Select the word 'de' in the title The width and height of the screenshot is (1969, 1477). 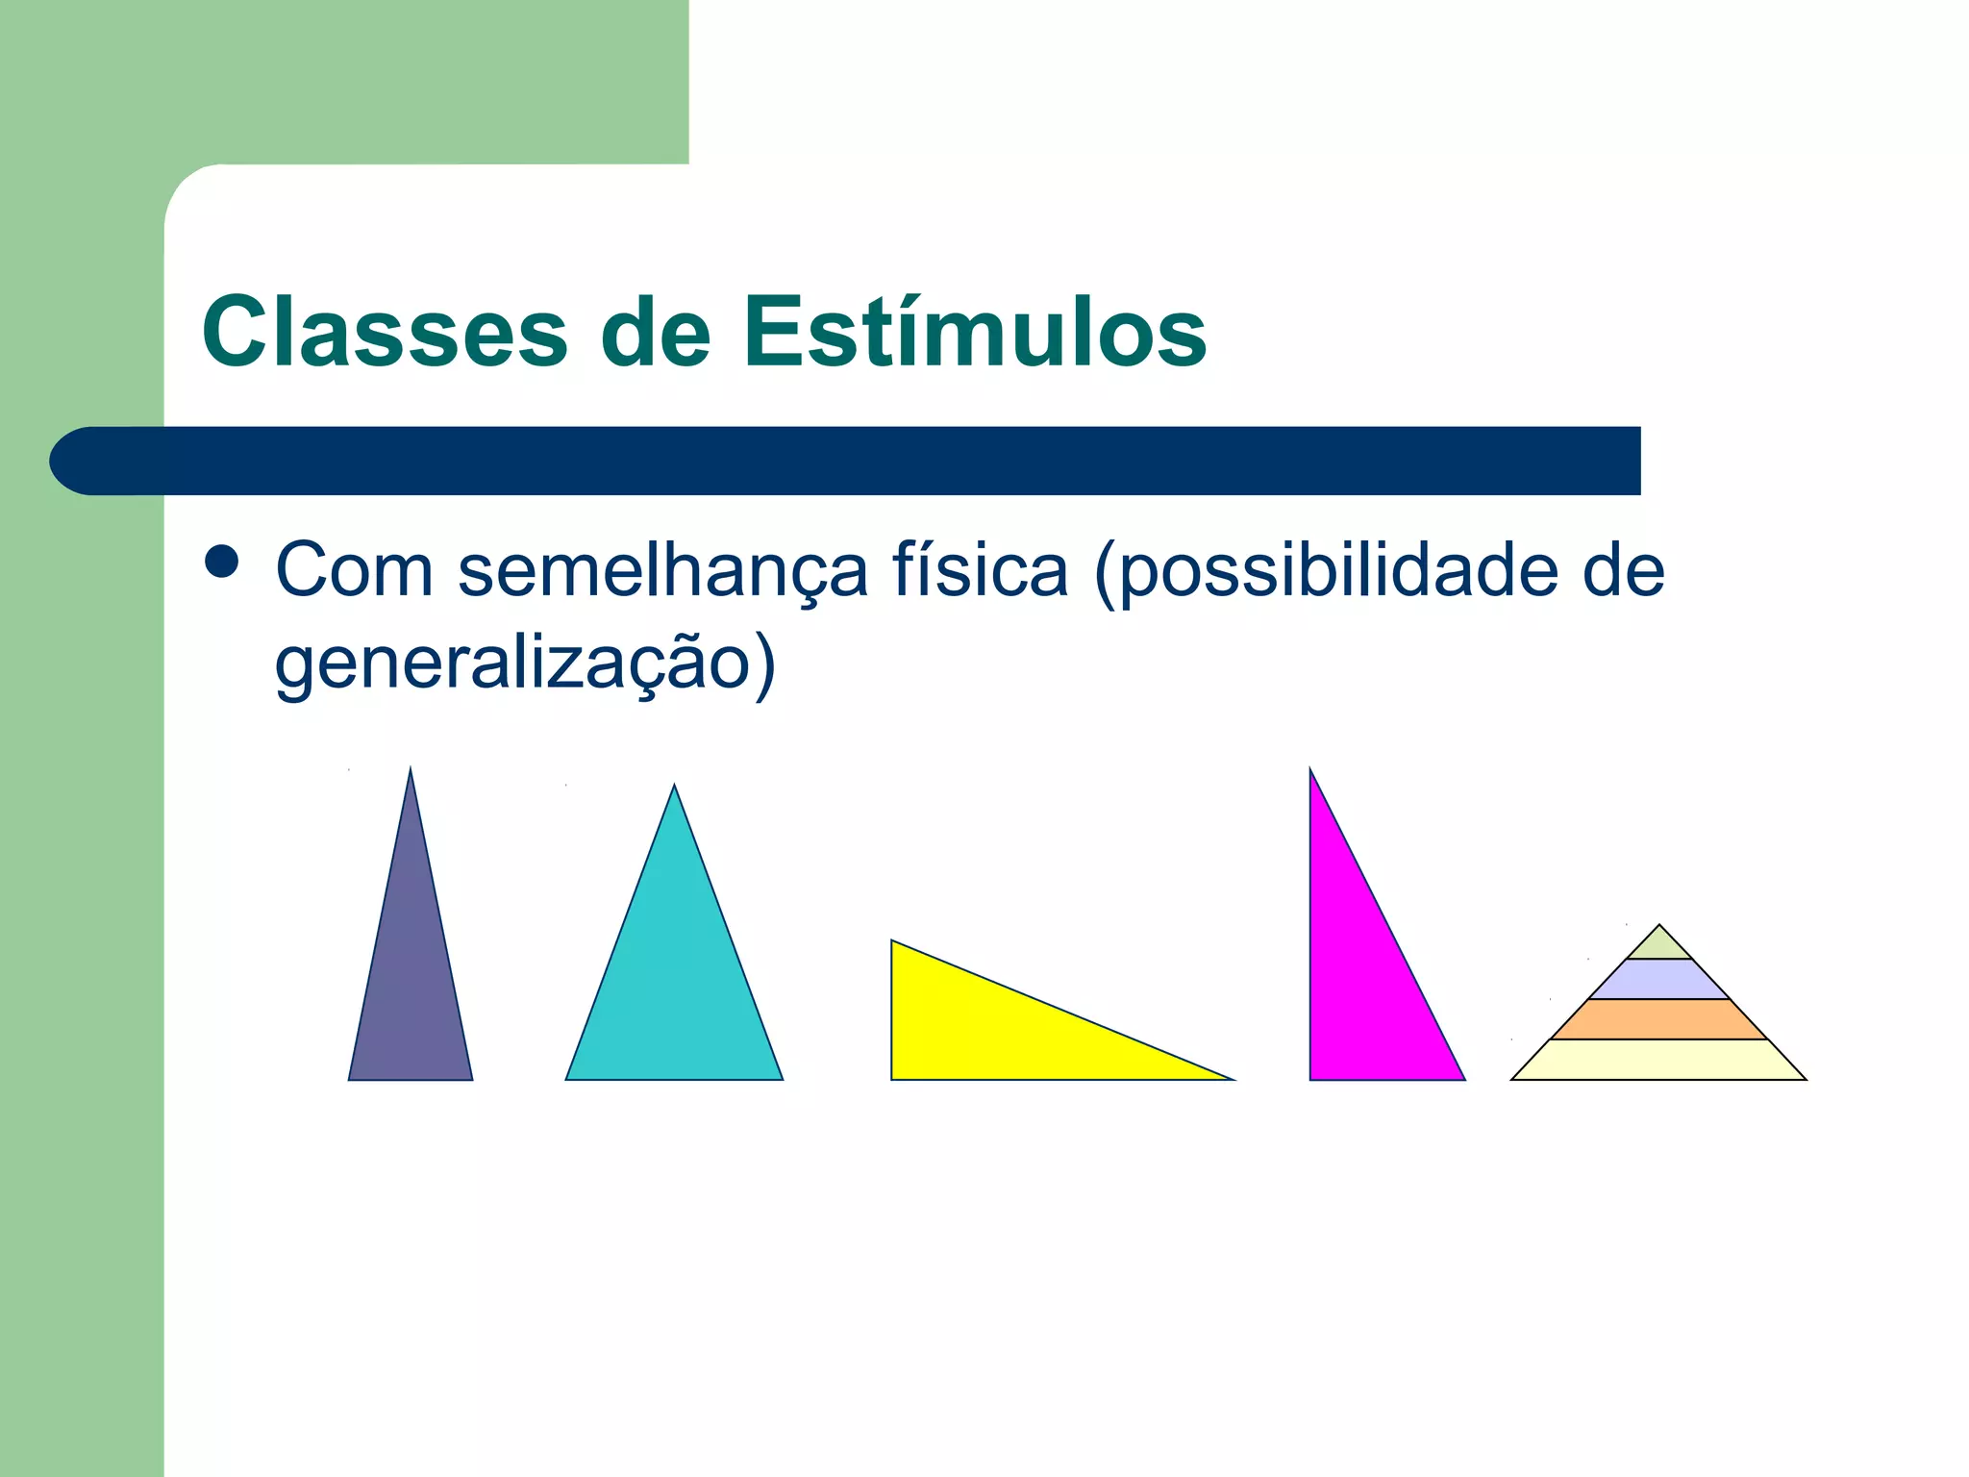(x=655, y=332)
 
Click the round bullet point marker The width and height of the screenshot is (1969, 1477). (x=221, y=562)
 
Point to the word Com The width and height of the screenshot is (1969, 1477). (x=354, y=570)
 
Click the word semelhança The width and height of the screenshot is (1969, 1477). (x=662, y=570)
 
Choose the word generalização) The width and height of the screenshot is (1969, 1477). (x=525, y=663)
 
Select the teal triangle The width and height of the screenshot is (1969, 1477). (x=674, y=990)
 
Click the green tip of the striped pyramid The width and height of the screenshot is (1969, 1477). (x=1658, y=945)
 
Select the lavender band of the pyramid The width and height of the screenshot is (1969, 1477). (x=1658, y=979)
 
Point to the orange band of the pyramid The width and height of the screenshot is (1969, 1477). (x=1658, y=1019)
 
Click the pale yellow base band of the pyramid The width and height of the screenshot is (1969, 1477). (x=1658, y=1060)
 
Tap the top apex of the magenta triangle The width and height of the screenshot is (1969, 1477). (x=1310, y=771)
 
